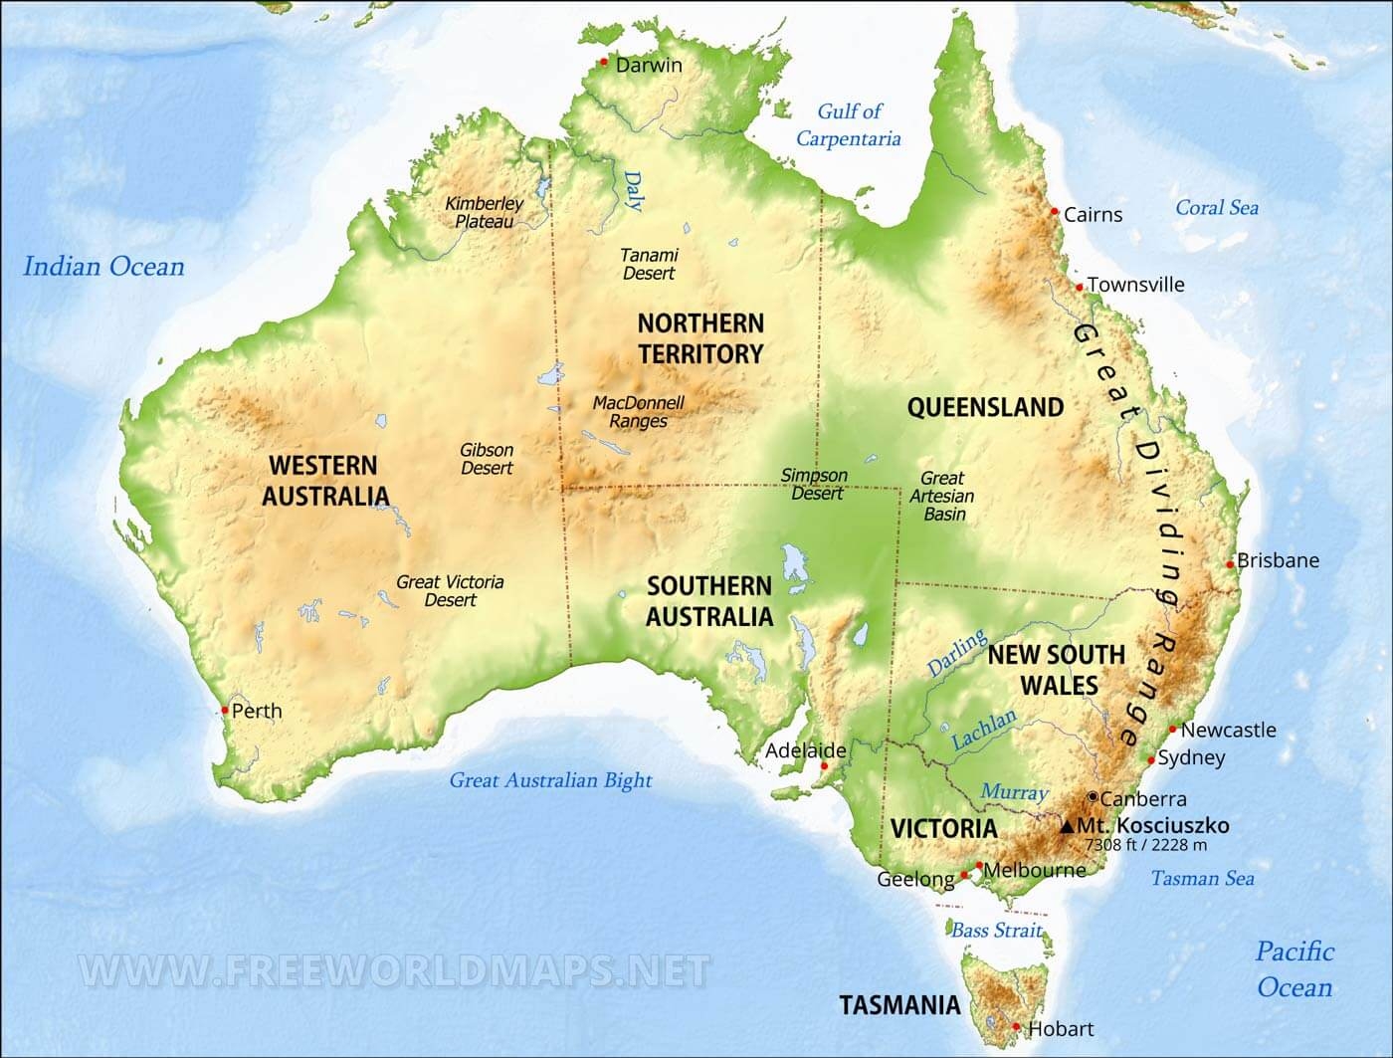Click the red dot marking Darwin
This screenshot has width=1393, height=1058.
[x=604, y=63]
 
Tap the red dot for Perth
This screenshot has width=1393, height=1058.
[x=225, y=711]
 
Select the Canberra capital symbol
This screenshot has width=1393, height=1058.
[x=1093, y=797]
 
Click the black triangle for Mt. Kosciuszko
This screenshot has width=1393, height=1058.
[x=1068, y=826]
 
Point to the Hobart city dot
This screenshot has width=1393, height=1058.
[x=1016, y=1027]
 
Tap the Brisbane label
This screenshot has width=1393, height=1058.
[x=1278, y=560]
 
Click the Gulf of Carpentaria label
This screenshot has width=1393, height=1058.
[x=849, y=124]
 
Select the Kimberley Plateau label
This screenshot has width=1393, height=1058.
[x=484, y=212]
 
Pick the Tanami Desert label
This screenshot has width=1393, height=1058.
[x=649, y=264]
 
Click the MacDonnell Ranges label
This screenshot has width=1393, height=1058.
[x=639, y=412]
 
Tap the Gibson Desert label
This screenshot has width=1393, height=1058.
[x=487, y=459]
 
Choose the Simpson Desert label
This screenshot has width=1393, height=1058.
[x=815, y=484]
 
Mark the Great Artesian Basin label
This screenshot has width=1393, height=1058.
[x=943, y=496]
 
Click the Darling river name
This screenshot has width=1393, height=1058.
[x=957, y=653]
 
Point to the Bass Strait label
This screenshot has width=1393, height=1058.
[x=996, y=931]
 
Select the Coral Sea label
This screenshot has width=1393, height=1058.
[x=1217, y=208]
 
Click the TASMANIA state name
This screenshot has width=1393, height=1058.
[x=899, y=1005]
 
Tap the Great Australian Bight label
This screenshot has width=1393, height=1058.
[x=550, y=780]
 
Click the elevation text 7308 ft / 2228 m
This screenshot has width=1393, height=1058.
[x=1145, y=845]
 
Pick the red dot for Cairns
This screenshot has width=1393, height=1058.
[x=1055, y=212]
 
